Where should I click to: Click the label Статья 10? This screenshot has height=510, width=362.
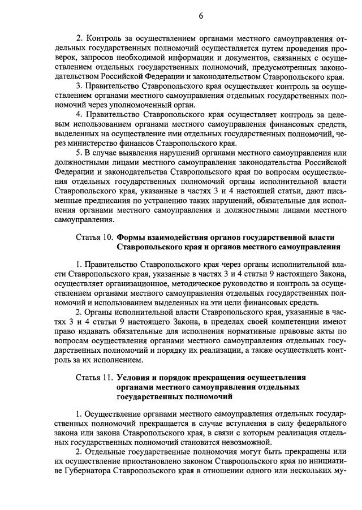94,237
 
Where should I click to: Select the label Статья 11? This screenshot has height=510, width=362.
94,377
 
